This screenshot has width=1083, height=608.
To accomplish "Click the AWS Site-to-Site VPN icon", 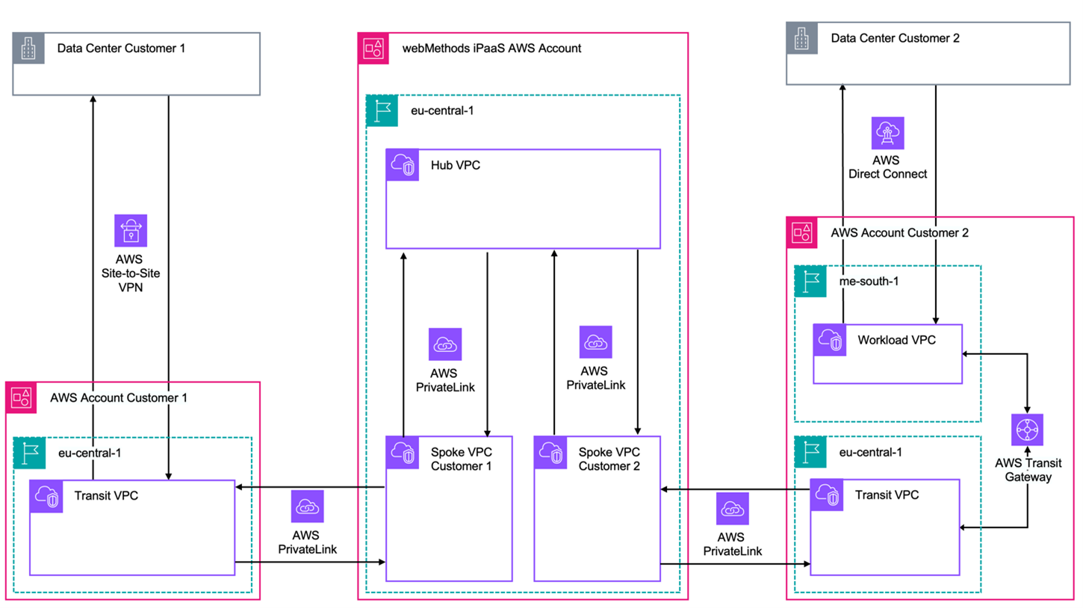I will [x=131, y=231].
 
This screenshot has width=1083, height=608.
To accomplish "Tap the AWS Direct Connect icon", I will [x=888, y=133].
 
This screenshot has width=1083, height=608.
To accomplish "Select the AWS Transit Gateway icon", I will [x=1028, y=429].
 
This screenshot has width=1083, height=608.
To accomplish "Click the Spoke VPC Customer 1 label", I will [x=462, y=459].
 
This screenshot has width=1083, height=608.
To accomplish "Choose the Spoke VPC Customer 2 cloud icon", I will [x=550, y=453].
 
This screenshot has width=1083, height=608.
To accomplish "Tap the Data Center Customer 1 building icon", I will [x=28, y=49].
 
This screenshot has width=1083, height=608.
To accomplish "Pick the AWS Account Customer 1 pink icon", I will [x=21, y=397].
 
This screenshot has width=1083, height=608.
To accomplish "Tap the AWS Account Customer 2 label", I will [x=899, y=233].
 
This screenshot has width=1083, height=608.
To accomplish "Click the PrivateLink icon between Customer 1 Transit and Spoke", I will [x=307, y=507].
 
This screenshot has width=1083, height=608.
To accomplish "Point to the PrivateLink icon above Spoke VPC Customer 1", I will [x=444, y=344].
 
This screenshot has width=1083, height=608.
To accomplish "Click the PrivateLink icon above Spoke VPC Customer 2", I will [x=595, y=342].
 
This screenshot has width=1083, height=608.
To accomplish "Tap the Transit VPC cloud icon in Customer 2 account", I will [x=828, y=496].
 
